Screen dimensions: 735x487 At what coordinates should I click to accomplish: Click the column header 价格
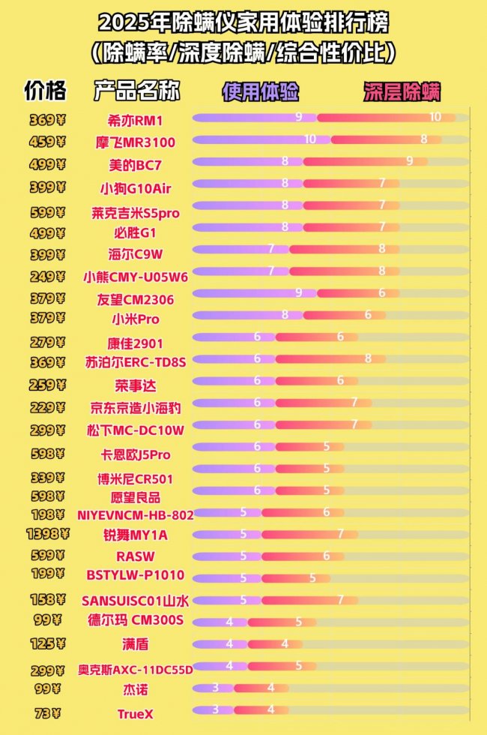click(x=45, y=90)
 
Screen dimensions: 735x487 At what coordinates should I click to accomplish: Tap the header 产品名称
click(x=137, y=91)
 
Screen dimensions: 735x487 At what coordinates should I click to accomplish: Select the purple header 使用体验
click(x=261, y=91)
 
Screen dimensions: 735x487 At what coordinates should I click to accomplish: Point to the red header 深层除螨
click(x=402, y=91)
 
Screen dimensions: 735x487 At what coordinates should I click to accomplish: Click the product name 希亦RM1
click(x=136, y=120)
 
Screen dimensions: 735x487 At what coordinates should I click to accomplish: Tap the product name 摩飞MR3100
click(x=136, y=142)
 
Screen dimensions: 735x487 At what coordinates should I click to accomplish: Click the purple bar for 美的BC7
click(x=247, y=161)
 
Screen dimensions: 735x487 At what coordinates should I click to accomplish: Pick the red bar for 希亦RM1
click(x=386, y=118)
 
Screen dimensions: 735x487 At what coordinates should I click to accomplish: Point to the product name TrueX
click(x=136, y=714)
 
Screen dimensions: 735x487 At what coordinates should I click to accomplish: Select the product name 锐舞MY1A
click(x=136, y=535)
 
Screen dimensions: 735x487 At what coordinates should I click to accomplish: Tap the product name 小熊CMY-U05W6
click(x=136, y=276)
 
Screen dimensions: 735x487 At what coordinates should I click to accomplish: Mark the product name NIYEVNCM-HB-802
click(x=136, y=515)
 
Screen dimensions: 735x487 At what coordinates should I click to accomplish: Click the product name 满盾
click(x=136, y=644)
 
